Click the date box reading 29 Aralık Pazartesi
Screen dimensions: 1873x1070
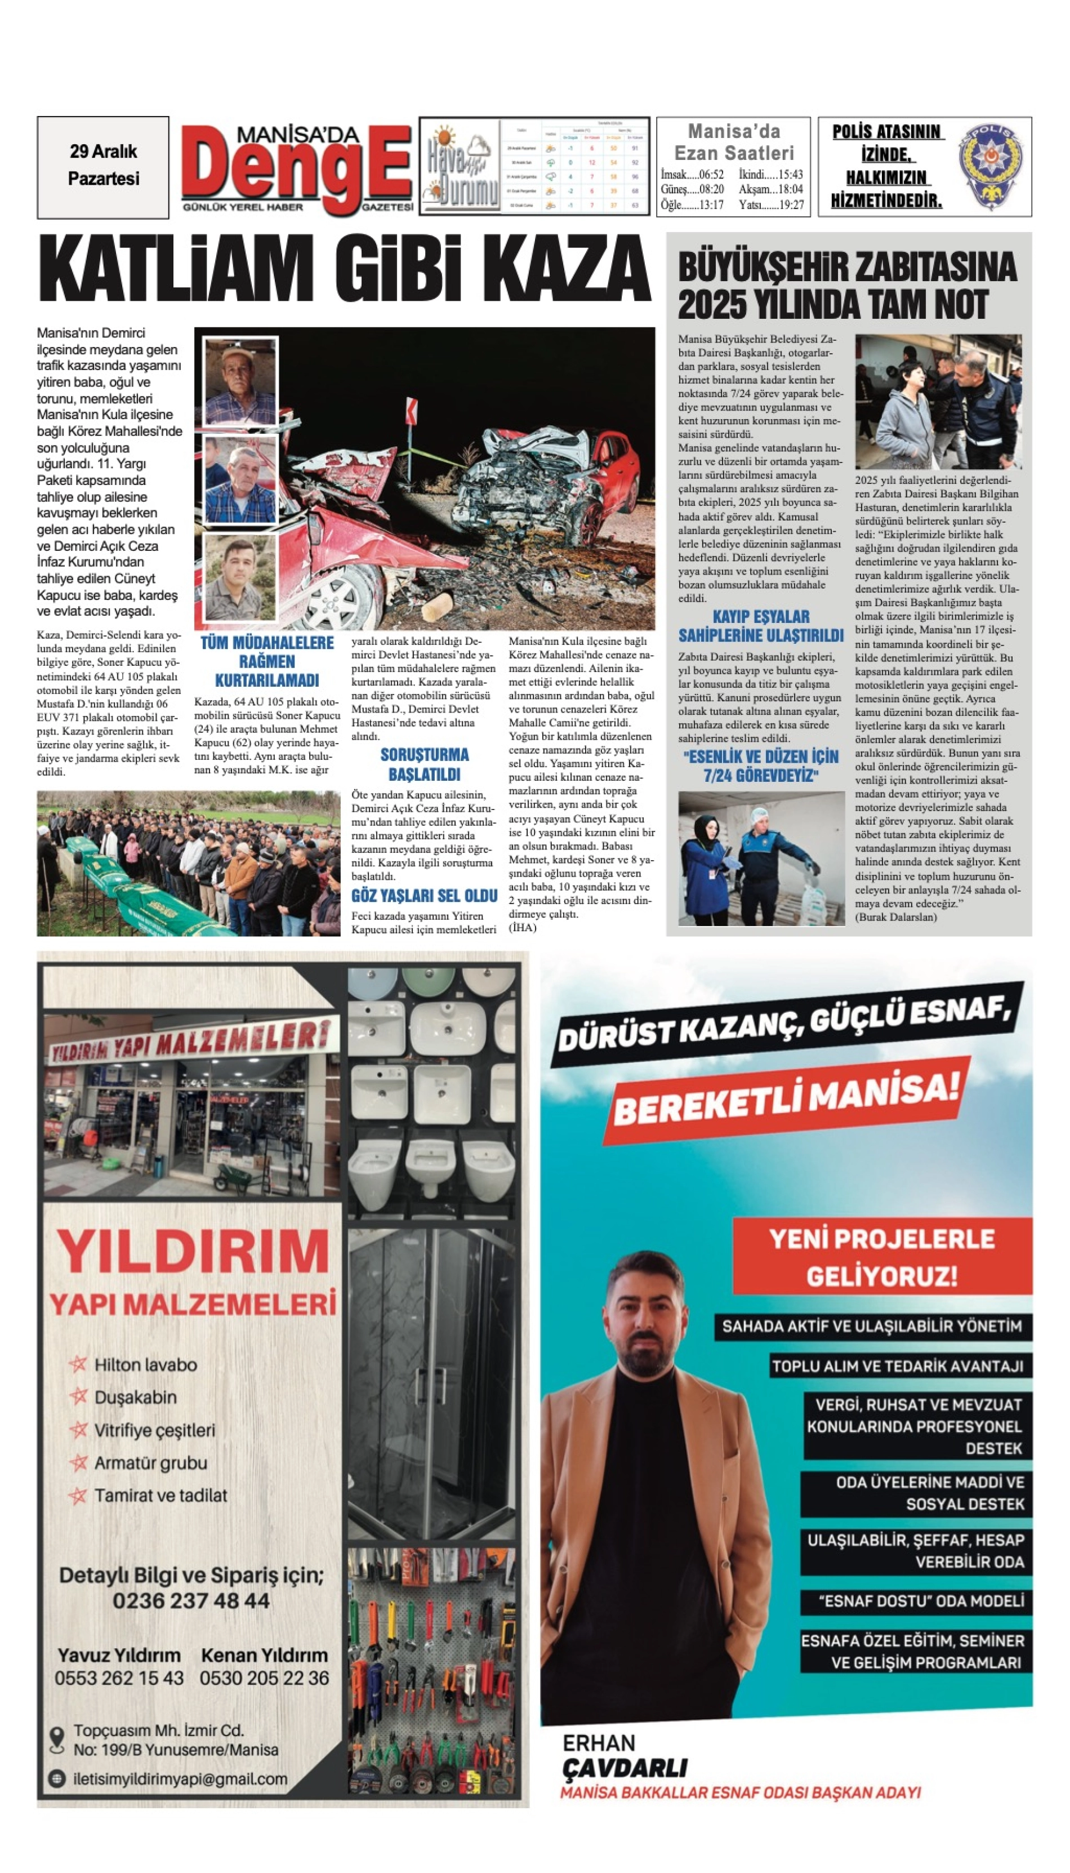103,166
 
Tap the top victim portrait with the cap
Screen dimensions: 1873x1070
239,381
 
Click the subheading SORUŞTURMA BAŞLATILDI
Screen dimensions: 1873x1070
424,764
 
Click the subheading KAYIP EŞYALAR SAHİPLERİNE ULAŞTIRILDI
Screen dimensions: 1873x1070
761,626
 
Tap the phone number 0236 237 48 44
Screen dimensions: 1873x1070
191,1601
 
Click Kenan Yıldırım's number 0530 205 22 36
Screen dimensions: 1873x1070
265,1678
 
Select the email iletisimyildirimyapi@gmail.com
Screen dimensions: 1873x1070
180,1779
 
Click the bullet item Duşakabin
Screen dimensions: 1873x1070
136,1396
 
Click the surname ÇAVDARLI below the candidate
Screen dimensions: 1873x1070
625,1767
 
